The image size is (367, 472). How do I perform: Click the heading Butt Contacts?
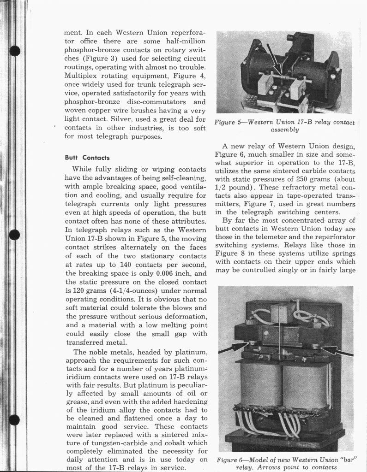(x=87, y=158)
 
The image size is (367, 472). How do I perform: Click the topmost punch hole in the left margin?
(x=15, y=49)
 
